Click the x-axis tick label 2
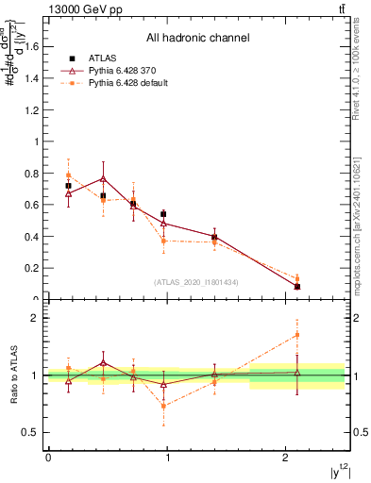pyautogui.click(x=286, y=458)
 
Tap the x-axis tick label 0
pyautogui.click(x=48, y=458)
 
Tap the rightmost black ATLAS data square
pyautogui.click(x=297, y=286)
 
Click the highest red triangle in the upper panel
pyautogui.click(x=103, y=178)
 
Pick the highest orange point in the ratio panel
pyautogui.click(x=297, y=335)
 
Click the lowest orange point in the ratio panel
pyautogui.click(x=163, y=406)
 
